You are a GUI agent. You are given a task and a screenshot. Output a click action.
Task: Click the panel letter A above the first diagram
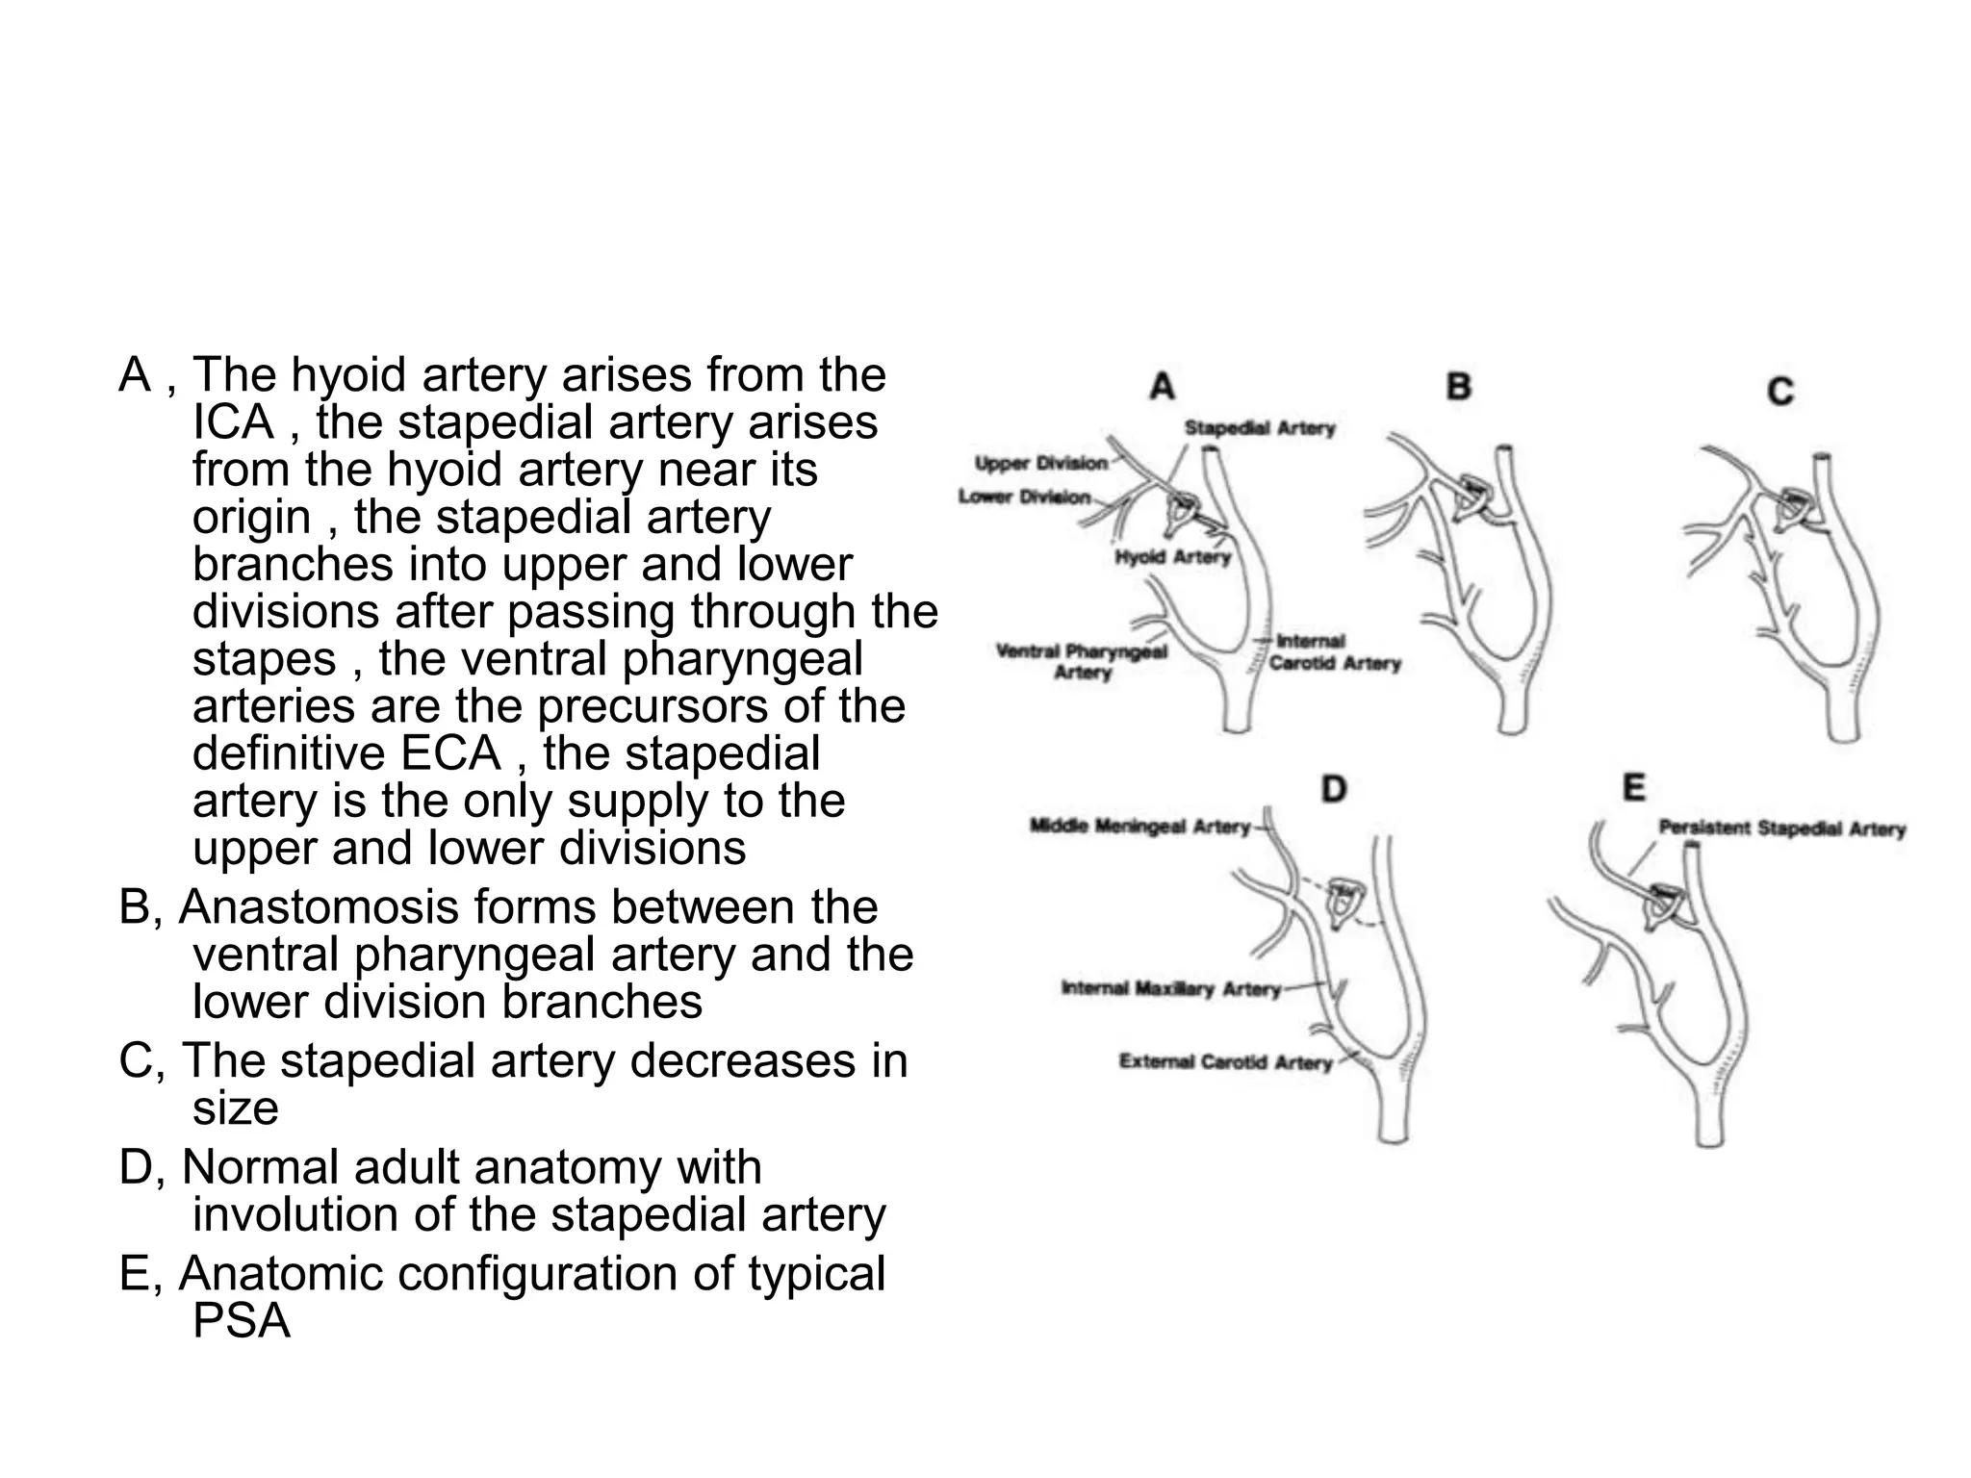[x=1163, y=387]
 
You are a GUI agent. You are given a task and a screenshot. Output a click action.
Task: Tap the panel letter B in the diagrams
[x=1459, y=387]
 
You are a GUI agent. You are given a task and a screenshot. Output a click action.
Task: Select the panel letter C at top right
[x=1780, y=392]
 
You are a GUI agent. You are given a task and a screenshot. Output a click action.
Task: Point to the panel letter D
[x=1333, y=790]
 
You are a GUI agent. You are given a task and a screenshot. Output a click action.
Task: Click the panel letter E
[x=1633, y=788]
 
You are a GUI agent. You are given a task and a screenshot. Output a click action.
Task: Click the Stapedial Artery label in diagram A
[x=1259, y=428]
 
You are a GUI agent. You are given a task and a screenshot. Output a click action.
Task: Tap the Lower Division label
[x=1025, y=497]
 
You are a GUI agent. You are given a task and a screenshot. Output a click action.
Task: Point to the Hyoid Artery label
[x=1172, y=557]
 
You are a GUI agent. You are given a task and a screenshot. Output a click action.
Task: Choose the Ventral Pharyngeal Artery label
[x=1082, y=661]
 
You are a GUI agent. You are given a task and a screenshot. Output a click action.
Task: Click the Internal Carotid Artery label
[x=1334, y=652]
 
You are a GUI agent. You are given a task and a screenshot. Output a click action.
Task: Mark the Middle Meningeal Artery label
[x=1139, y=827]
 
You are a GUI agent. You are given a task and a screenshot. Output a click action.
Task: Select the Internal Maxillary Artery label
[x=1171, y=988]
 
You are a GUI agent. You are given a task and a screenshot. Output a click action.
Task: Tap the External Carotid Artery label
[x=1225, y=1062]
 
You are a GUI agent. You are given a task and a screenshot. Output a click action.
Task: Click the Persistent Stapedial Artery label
[x=1781, y=828]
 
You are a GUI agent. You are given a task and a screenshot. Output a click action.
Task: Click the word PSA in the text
[x=241, y=1320]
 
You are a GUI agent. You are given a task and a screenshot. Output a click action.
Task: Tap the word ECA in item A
[x=450, y=752]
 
